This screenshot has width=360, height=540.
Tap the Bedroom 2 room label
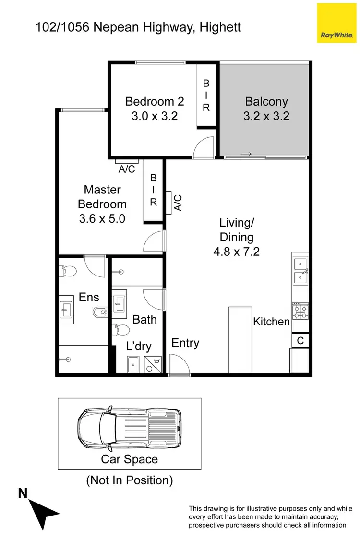click(154, 108)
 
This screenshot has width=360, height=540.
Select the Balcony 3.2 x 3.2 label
click(266, 108)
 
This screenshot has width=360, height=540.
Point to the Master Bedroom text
click(102, 204)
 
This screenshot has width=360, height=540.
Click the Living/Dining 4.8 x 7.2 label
click(236, 237)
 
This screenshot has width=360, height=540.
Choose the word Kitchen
click(271, 322)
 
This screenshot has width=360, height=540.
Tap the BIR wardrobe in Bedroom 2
click(206, 95)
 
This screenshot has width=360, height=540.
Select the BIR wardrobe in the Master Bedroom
click(154, 190)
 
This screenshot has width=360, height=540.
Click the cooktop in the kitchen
click(300, 312)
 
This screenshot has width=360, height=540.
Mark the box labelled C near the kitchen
click(300, 340)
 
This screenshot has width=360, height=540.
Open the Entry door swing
click(178, 365)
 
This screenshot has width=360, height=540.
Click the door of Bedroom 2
click(204, 147)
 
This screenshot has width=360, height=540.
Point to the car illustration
click(130, 427)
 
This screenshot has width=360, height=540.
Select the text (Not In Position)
click(129, 480)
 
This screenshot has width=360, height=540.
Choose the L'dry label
click(139, 346)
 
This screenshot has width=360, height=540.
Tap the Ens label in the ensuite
click(89, 298)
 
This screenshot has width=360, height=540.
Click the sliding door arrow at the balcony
click(246, 154)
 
